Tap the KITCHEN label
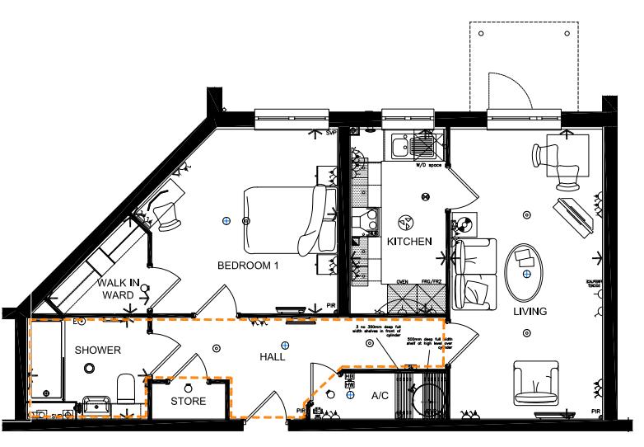coord(409,242)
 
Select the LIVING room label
coord(530,310)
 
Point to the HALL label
coord(272,357)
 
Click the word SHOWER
coord(98,351)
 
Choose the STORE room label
coord(188,401)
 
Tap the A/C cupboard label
coord(380,396)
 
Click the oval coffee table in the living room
coord(525,271)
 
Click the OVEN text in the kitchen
coord(403,281)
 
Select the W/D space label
coord(428,165)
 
